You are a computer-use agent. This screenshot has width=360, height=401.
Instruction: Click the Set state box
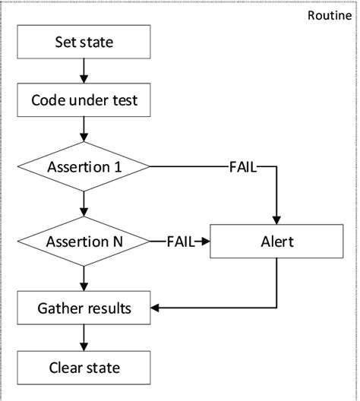84,43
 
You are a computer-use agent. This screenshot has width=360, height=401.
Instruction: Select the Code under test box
84,99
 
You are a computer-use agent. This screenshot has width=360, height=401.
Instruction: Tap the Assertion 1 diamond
84,166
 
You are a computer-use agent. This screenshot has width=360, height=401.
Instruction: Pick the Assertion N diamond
84,242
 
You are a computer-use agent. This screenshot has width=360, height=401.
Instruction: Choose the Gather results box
84,308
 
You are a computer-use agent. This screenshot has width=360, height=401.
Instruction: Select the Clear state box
84,368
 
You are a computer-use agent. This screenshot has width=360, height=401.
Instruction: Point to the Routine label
329,16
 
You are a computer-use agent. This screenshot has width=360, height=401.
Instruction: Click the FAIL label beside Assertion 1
243,166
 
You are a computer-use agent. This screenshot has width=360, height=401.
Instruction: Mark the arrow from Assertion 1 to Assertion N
84,204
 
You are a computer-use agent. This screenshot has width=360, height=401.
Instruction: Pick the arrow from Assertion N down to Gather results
84,278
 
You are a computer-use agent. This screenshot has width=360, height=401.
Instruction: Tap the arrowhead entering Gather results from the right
156,308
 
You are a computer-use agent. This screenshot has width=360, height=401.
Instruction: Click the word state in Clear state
104,368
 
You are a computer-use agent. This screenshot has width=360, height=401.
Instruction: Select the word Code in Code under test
47,99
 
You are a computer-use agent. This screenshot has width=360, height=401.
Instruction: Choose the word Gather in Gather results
60,308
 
